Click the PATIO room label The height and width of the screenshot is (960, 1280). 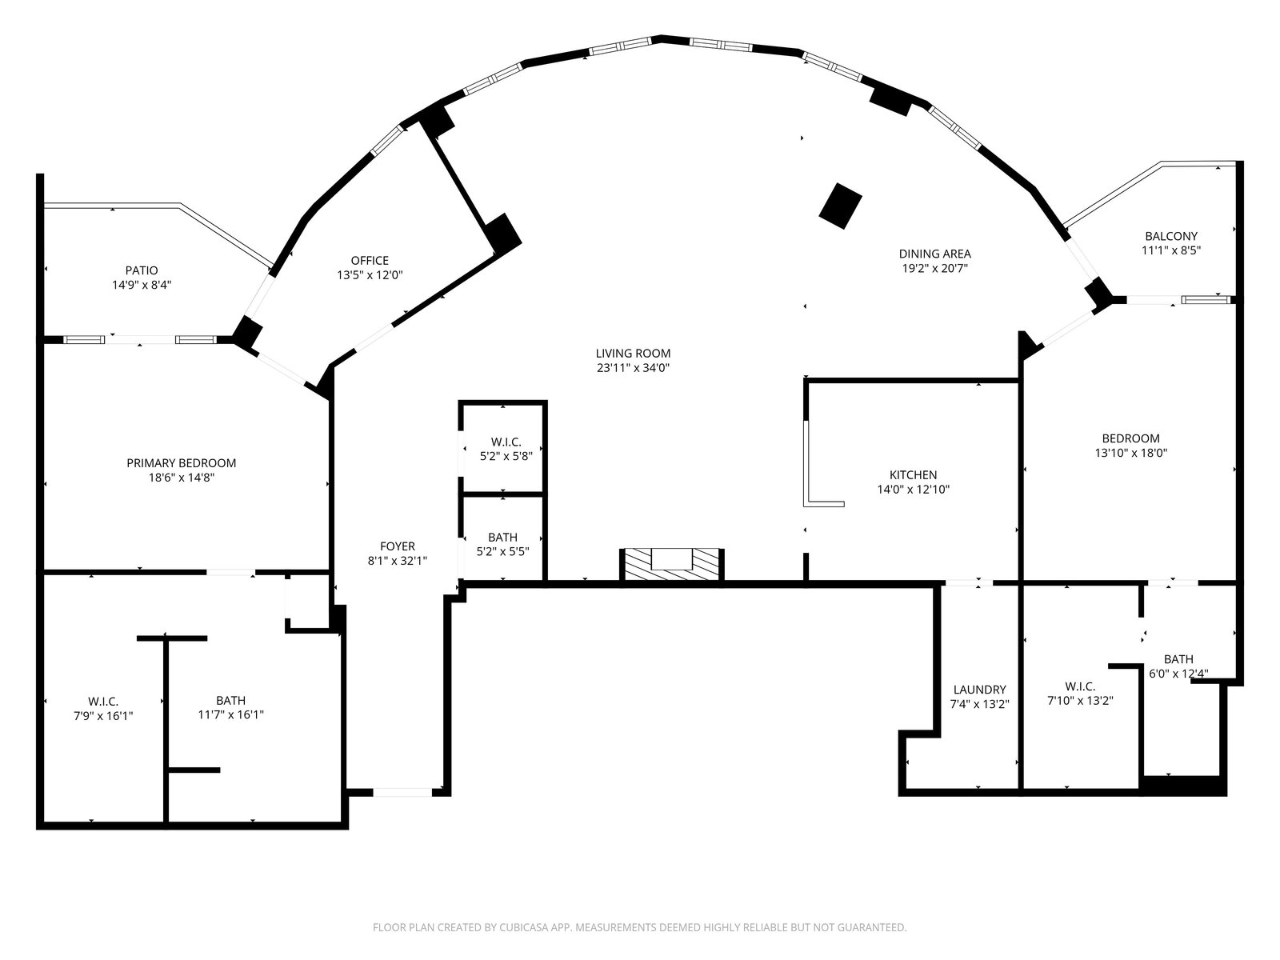(x=142, y=270)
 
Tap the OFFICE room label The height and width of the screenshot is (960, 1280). (x=370, y=261)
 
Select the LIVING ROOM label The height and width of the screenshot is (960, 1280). (x=634, y=354)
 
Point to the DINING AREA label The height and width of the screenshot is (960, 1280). (x=934, y=254)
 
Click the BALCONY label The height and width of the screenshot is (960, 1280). (x=1171, y=236)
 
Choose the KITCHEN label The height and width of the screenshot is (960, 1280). (x=914, y=475)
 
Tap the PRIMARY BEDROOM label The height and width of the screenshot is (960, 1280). (x=182, y=463)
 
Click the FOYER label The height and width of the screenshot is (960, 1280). (x=398, y=546)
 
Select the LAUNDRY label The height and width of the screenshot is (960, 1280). (x=980, y=690)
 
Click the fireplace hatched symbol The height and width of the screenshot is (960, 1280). (x=672, y=564)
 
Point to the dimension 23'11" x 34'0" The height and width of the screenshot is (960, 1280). (x=634, y=368)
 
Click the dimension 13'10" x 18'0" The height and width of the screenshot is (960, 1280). (x=1130, y=453)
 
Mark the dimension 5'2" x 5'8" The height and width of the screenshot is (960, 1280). (x=506, y=456)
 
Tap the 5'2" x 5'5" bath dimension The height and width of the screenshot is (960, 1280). (x=502, y=551)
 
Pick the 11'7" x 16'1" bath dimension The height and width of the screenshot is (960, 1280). (x=231, y=714)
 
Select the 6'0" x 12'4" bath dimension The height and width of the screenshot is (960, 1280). (x=1178, y=674)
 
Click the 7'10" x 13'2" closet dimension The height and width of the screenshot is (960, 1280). (x=1081, y=701)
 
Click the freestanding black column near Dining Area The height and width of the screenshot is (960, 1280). (x=840, y=206)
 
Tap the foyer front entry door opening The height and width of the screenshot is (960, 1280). (x=402, y=792)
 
